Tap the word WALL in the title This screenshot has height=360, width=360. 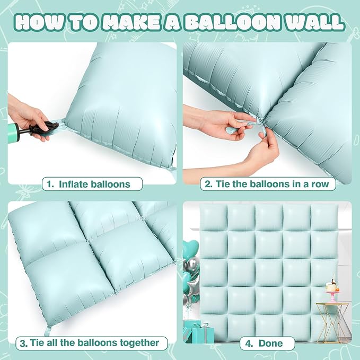315,22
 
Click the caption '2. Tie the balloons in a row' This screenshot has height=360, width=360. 267,184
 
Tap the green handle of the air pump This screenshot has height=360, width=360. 13,133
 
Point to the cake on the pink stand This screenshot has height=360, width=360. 331,286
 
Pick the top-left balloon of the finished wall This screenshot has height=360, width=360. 213,217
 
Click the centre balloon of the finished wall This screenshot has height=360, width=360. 269,273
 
